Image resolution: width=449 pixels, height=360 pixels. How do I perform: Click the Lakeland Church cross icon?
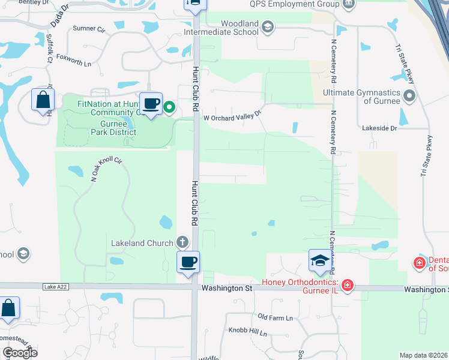(x=182, y=243)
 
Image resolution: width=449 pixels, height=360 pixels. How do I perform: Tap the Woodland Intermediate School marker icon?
(x=268, y=26)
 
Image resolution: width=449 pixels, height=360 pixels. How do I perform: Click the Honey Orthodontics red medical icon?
(x=347, y=287)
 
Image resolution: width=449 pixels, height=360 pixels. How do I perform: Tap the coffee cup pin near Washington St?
(x=188, y=262)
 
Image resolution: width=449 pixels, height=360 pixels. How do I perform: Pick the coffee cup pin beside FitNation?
(x=151, y=103)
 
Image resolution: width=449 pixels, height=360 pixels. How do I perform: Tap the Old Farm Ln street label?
(x=275, y=317)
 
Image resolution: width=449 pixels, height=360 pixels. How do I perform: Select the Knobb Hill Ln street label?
(x=247, y=331)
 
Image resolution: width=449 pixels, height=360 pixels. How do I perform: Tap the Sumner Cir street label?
(x=88, y=28)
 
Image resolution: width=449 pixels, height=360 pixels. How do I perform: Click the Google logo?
(x=20, y=352)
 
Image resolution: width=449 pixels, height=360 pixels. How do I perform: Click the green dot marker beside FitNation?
(x=169, y=108)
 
